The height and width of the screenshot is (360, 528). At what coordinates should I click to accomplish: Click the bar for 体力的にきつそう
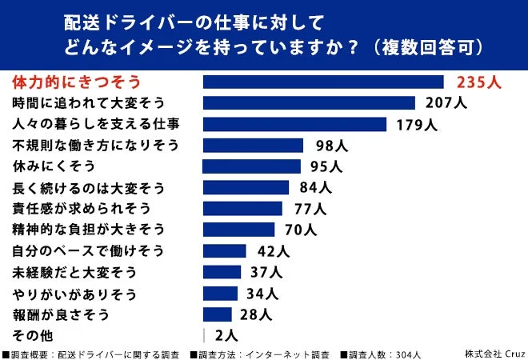323,82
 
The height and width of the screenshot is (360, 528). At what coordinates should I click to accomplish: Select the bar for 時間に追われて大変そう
309,102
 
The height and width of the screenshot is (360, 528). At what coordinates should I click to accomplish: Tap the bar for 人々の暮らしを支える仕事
294,124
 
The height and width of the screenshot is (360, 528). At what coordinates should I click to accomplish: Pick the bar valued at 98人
253,145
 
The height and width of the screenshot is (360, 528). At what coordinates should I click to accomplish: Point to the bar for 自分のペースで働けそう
224,250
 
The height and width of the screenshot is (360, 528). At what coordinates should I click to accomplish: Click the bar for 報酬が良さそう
217,314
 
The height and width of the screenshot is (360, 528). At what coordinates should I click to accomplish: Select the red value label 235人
478,82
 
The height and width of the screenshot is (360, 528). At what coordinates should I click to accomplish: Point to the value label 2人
226,335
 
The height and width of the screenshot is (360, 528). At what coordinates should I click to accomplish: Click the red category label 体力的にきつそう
77,82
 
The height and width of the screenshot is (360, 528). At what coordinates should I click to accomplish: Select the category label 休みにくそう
54,166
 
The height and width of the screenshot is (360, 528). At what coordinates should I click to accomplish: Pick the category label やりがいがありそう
75,293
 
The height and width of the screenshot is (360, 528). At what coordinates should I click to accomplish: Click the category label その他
34,335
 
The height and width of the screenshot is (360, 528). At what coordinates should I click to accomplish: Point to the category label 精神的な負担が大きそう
88,230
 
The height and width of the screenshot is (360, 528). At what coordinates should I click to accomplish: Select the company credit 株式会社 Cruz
494,353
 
